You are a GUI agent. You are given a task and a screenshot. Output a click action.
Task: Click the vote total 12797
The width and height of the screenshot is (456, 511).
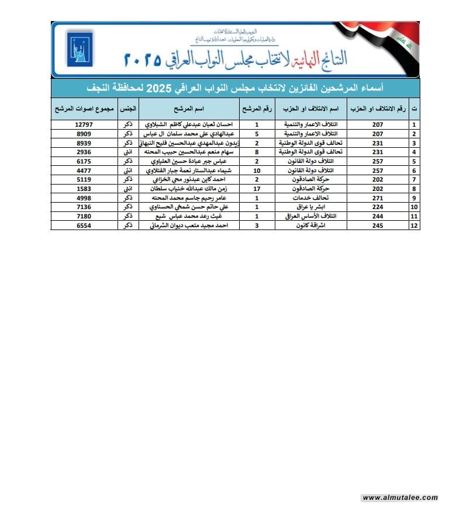point(82,124)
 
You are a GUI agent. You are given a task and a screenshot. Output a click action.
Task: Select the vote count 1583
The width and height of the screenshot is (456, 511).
point(82,189)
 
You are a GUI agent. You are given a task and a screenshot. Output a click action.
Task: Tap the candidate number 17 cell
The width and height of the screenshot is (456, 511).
point(257,189)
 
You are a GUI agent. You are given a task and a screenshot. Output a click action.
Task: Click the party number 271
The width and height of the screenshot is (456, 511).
point(377,198)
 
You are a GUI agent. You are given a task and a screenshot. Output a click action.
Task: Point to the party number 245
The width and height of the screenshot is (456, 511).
point(377,225)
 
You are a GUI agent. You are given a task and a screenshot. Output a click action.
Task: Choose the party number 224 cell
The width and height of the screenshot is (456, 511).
point(377,207)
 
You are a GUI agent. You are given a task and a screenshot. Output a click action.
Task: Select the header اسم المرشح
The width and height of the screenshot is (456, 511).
point(188,109)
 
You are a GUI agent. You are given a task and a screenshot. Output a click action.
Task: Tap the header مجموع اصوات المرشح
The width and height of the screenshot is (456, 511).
point(82,109)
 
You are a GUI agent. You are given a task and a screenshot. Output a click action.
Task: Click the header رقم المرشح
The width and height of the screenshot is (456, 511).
point(257,109)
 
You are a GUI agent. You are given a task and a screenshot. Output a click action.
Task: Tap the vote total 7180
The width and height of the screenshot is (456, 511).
point(82,216)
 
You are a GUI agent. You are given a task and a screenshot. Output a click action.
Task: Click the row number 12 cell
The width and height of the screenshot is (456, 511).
point(414,225)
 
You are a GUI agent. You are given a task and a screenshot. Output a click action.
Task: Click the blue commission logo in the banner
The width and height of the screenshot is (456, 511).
point(80,50)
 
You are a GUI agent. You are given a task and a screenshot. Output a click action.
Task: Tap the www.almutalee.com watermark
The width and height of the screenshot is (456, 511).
point(400,498)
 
